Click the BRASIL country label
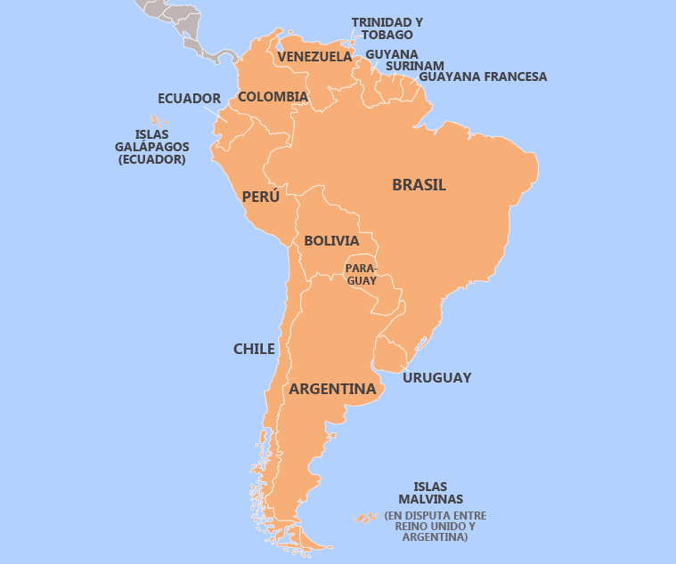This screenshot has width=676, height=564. pos(419,185)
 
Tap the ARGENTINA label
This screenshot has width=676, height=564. pos(332,389)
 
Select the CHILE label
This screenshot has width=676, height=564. pos(254,349)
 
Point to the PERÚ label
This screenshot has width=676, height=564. pos(260,197)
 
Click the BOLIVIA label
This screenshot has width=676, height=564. pos(331,241)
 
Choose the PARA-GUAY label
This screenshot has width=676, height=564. pos(361,274)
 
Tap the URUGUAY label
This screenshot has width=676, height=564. pos(436,377)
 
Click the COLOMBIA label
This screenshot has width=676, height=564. pos(273,96)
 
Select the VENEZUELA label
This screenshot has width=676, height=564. pos(314,57)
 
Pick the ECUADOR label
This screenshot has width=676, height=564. pos(189,98)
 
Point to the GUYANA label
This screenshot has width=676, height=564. pos(391,53)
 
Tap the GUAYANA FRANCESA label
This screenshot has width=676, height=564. pos(482,77)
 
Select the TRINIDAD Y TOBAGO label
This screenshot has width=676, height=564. pos(387,28)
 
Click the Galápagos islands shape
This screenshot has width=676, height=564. pos(159,120)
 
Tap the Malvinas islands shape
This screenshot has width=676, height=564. pos(363,517)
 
